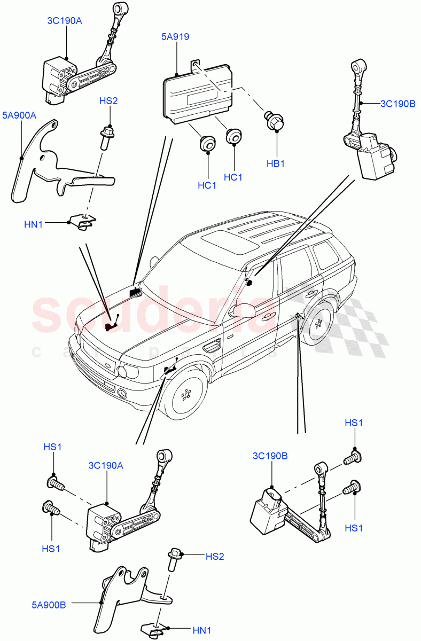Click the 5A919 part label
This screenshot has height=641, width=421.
point(175,37)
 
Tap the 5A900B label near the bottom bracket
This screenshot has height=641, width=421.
point(49,606)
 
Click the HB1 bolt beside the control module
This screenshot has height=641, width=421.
point(275,121)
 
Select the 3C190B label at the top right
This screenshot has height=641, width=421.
point(397,103)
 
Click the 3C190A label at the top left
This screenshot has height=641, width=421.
point(64,21)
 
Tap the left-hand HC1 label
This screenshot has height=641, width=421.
point(207,185)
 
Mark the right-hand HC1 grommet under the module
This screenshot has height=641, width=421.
point(234,137)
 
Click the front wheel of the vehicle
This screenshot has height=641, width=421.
point(185,395)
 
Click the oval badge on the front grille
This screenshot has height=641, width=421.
point(108,365)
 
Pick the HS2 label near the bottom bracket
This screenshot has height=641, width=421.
point(215,557)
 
